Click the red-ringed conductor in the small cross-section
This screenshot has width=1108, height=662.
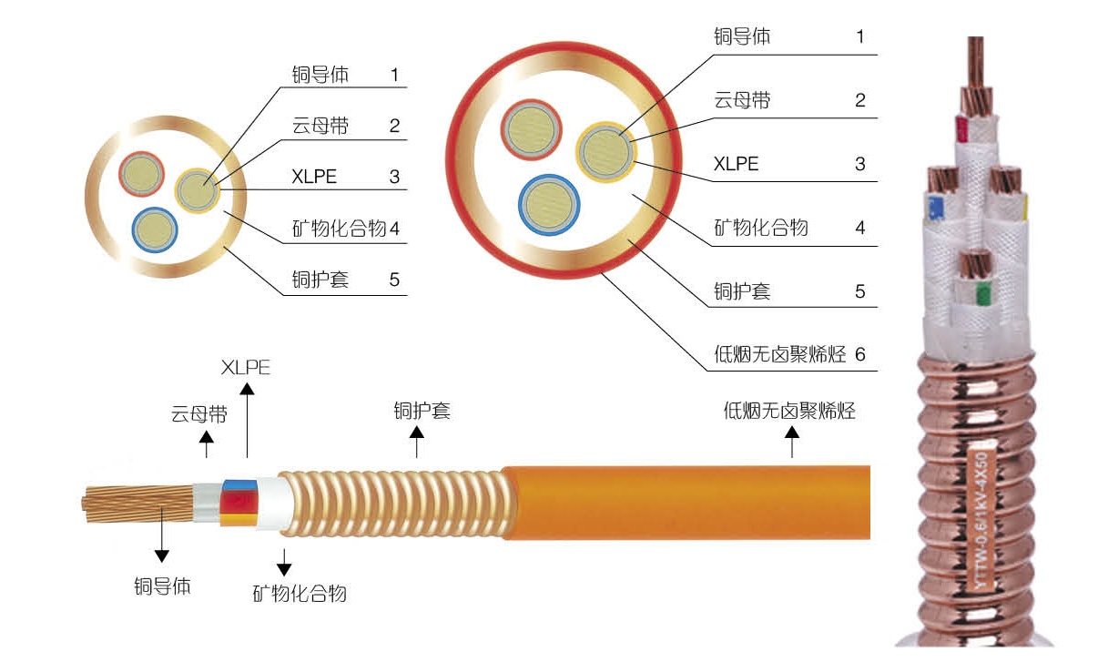point(143,174)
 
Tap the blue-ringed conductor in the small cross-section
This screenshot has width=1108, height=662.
point(154,229)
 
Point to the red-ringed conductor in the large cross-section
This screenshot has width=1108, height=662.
point(533,131)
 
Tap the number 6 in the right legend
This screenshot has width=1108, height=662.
point(860,355)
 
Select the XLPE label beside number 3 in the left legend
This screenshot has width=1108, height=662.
point(314,177)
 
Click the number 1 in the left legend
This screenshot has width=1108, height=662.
point(394,75)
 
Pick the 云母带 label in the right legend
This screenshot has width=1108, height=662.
point(741,100)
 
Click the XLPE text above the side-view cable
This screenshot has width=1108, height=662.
point(246,368)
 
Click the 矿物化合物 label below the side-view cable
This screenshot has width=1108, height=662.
point(300,595)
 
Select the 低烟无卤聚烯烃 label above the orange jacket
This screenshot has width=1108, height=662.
point(789,411)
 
